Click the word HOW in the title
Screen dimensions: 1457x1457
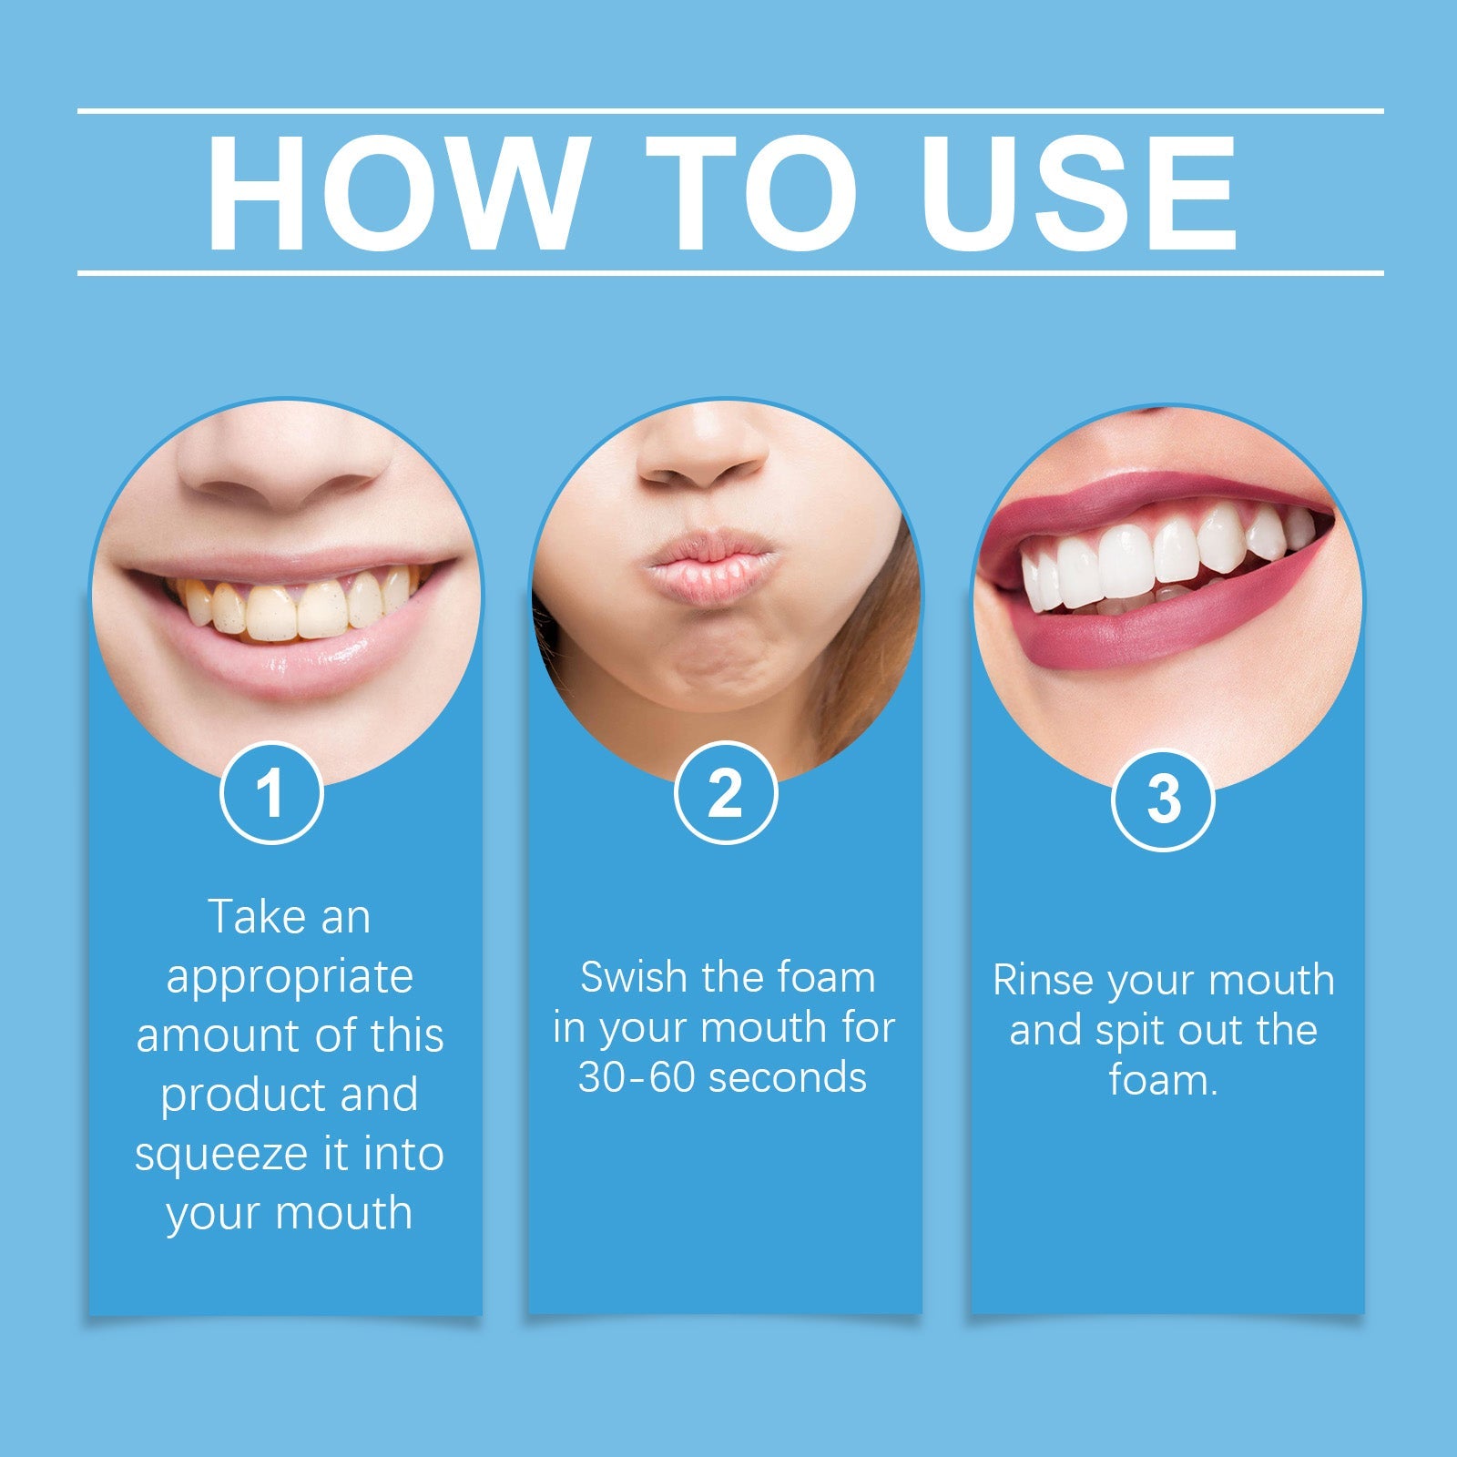[397, 193]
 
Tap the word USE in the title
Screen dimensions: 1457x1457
[1078, 193]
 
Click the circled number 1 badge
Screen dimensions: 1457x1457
[271, 793]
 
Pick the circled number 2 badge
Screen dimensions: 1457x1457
[725, 793]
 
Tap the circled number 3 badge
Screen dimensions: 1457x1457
[1163, 800]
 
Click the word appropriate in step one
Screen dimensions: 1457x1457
[290, 978]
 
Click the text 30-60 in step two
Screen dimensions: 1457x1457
[637, 1077]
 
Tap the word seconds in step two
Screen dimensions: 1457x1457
[787, 1077]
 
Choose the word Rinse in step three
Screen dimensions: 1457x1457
[1040, 981]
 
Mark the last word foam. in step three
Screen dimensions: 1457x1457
[1163, 1081]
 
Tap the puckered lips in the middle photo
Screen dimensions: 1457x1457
[710, 569]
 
